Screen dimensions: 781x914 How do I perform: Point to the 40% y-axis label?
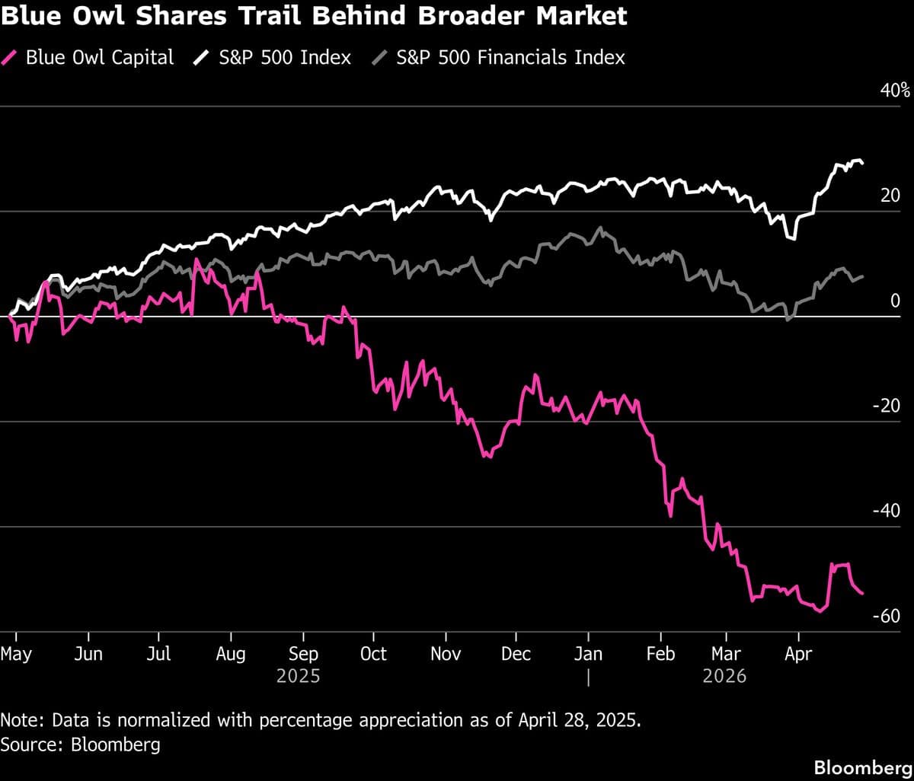tap(895, 91)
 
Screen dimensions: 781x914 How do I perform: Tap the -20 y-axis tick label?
tap(887, 406)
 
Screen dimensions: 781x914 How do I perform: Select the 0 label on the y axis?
tap(896, 301)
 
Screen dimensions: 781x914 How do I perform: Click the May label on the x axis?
tap(16, 654)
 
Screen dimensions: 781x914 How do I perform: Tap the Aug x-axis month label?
tap(230, 654)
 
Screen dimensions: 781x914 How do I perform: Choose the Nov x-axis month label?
tap(446, 654)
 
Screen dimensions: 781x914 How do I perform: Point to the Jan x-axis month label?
tap(588, 654)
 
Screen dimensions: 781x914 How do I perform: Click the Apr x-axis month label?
tap(797, 654)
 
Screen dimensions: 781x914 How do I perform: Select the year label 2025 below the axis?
tap(298, 676)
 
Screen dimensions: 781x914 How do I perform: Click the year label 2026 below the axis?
tap(724, 676)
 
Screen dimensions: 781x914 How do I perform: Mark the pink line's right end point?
tap(862, 593)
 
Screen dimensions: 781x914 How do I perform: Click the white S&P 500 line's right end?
tap(862, 163)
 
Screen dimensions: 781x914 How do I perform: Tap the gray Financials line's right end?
tap(862, 276)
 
